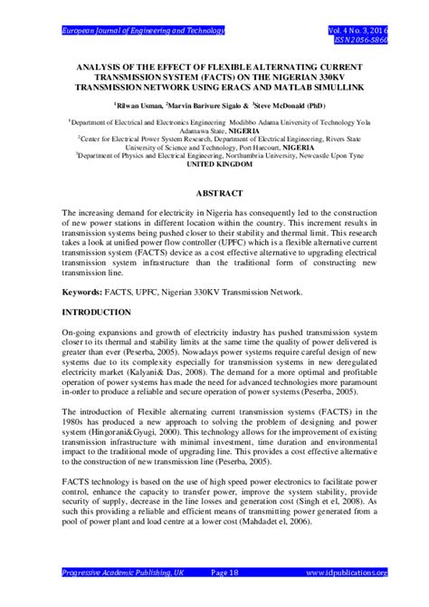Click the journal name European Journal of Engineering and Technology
(142, 31)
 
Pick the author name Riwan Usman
(138, 104)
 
